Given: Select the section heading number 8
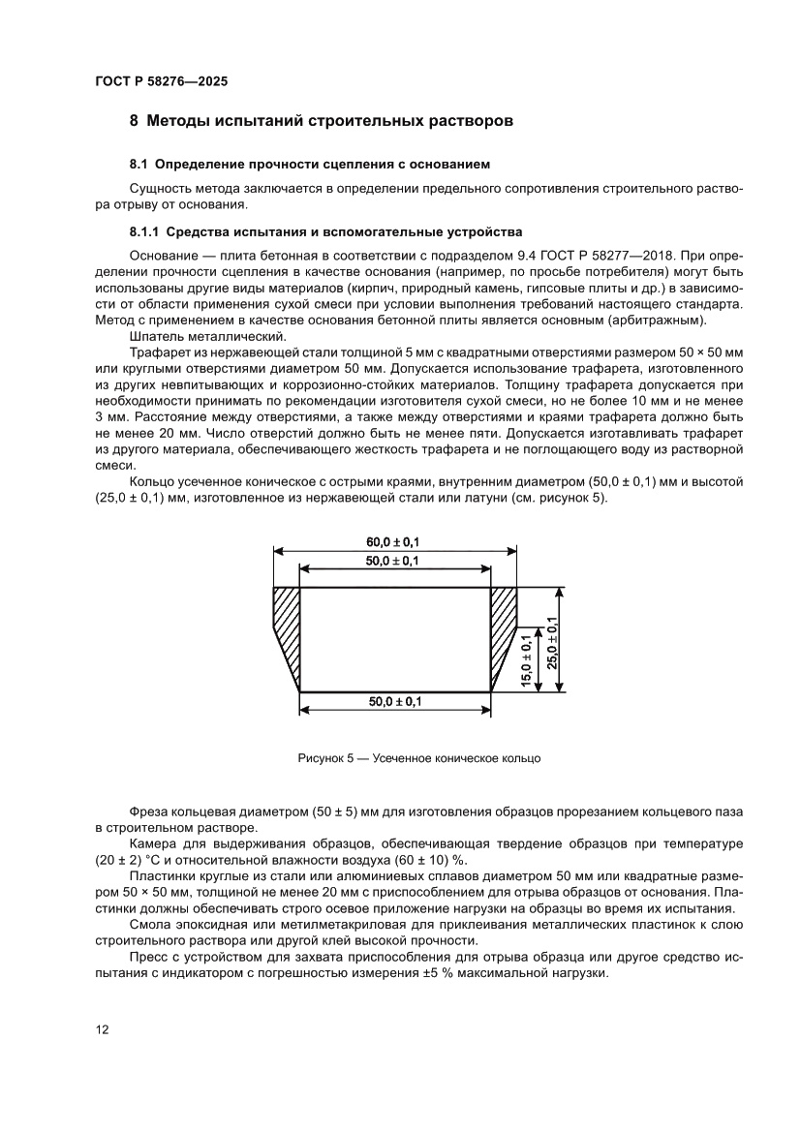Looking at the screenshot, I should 135,122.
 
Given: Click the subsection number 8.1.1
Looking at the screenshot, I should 147,232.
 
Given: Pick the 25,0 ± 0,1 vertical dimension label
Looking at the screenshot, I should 551,640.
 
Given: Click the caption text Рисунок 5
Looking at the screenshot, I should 324,758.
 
